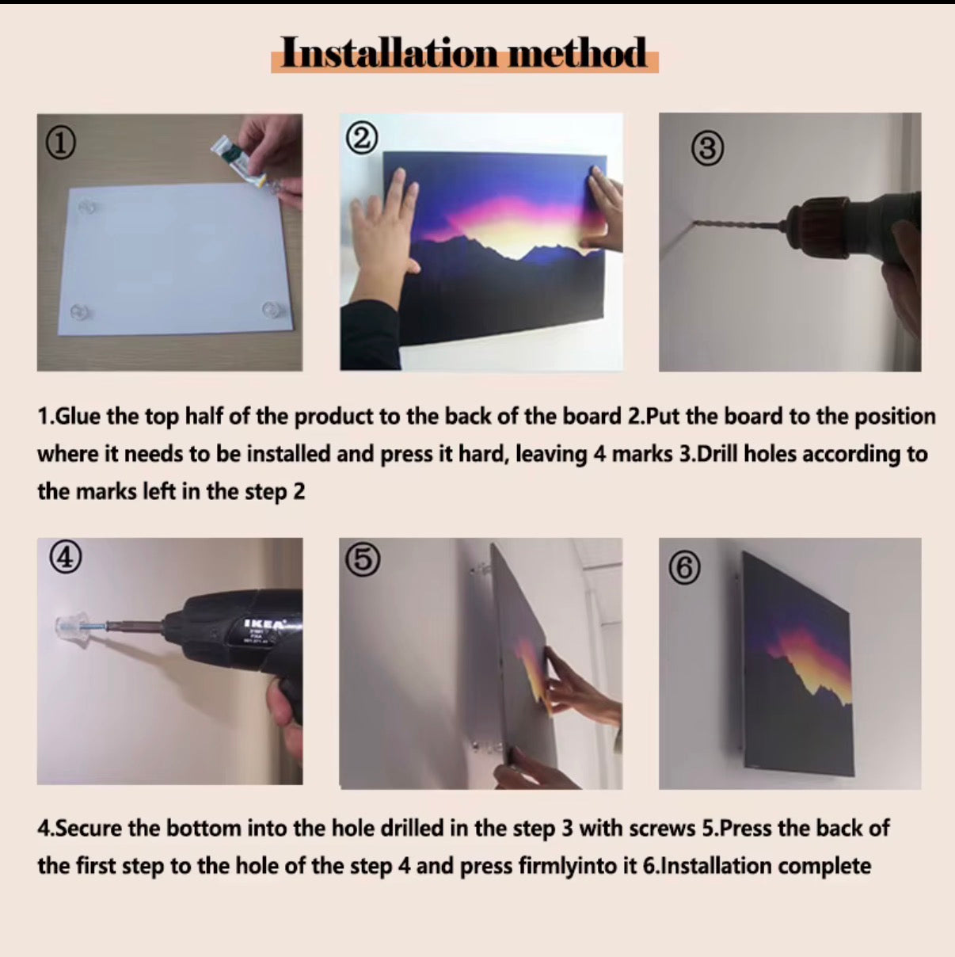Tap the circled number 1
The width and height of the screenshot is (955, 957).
(61, 143)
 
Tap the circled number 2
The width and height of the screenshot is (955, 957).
(362, 138)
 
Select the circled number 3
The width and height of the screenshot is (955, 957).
(707, 149)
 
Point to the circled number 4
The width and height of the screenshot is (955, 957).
(65, 558)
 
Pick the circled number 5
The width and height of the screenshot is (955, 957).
(363, 560)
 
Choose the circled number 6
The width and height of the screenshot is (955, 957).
(685, 568)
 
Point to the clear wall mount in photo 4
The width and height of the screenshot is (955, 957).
(73, 627)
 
